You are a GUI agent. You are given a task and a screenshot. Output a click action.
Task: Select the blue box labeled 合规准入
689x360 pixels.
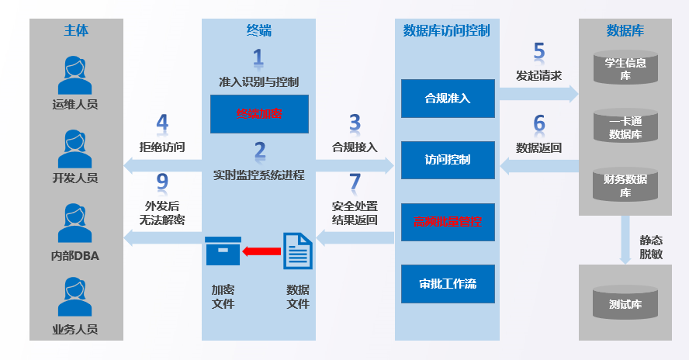pos(448,99)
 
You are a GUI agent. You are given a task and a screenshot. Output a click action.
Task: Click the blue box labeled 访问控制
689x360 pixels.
pos(448,161)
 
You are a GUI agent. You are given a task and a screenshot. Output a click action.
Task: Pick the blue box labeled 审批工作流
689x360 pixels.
pos(448,284)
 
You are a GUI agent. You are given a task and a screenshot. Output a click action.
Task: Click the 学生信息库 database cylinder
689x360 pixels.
pos(625,68)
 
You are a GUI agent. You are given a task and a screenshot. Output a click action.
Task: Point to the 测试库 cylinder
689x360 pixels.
pos(625,302)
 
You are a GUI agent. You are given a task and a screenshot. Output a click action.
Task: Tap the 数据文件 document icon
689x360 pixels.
pos(297,251)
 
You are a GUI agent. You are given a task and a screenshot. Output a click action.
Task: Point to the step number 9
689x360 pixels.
pos(162,182)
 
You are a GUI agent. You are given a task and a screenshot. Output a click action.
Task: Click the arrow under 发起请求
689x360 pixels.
pos(538,94)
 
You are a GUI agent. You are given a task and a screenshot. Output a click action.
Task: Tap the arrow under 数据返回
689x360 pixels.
pos(538,164)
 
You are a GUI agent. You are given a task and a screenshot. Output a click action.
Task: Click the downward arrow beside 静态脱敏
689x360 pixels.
pos(625,241)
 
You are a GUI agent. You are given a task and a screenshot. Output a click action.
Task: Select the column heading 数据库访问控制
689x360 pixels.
pos(446,31)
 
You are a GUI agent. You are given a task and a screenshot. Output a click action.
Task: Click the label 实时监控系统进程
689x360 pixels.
pos(259,175)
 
